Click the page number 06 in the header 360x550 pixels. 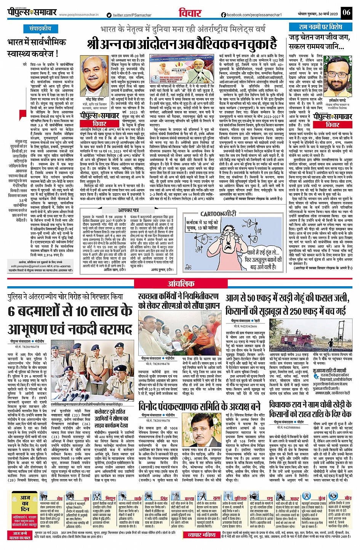[346, 12]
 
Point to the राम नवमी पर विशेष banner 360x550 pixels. [320, 27]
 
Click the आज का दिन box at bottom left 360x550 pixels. [25, 509]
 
